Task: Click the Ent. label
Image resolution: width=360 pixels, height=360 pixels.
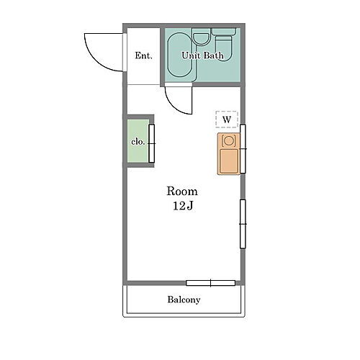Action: [143, 55]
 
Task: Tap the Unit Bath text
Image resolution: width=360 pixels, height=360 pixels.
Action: [202, 55]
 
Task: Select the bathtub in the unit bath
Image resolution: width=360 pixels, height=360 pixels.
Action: [179, 55]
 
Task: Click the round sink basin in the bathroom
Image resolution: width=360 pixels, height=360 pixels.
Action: [202, 39]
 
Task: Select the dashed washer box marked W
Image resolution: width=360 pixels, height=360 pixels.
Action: [227, 119]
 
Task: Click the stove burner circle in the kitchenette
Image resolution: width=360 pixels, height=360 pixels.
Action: [229, 140]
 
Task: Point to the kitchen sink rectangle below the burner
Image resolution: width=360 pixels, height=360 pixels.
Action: [229, 161]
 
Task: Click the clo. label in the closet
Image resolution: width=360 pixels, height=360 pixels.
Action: [138, 142]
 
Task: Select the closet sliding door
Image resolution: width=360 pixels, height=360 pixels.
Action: [151, 143]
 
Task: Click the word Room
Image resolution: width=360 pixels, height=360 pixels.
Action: [182, 192]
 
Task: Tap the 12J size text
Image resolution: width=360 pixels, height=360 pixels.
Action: [183, 206]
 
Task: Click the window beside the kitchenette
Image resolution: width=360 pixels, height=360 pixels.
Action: [243, 149]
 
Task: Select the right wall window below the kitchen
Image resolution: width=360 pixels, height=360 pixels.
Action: [243, 224]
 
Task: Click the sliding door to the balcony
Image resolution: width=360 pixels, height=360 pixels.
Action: [210, 283]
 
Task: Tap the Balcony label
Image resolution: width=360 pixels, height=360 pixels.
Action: [184, 300]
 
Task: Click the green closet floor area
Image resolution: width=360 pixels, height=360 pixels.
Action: [138, 140]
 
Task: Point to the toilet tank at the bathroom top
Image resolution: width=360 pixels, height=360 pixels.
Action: [224, 32]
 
